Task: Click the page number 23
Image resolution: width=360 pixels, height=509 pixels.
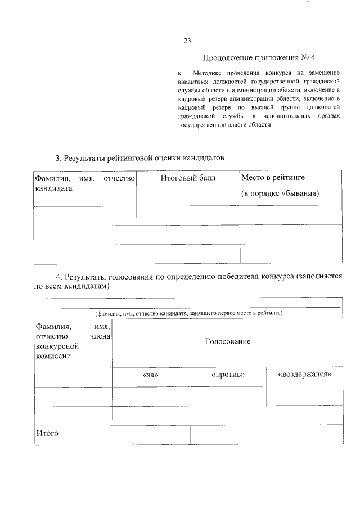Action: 188,40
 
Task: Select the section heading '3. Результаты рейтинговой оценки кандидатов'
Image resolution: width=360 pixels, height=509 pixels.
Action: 139,158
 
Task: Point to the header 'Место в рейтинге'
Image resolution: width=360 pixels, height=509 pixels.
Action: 273,178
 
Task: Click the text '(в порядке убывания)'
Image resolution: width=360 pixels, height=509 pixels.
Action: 280,193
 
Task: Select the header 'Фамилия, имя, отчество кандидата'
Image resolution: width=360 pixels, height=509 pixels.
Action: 85,183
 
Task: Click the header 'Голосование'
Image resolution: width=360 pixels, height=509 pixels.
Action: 227,341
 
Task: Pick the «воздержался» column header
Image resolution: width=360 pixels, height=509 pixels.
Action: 304,375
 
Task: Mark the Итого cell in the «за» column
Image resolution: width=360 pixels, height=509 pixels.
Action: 151,434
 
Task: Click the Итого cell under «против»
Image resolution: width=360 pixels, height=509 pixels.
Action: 228,434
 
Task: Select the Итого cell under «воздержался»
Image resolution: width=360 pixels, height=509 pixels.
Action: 304,434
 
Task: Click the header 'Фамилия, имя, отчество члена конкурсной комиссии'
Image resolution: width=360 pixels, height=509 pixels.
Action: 73,341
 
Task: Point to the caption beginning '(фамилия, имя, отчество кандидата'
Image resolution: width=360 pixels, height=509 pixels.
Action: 188,313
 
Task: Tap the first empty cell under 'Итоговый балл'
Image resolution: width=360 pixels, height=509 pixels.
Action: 188,215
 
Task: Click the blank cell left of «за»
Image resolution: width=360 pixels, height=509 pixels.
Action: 73,377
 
